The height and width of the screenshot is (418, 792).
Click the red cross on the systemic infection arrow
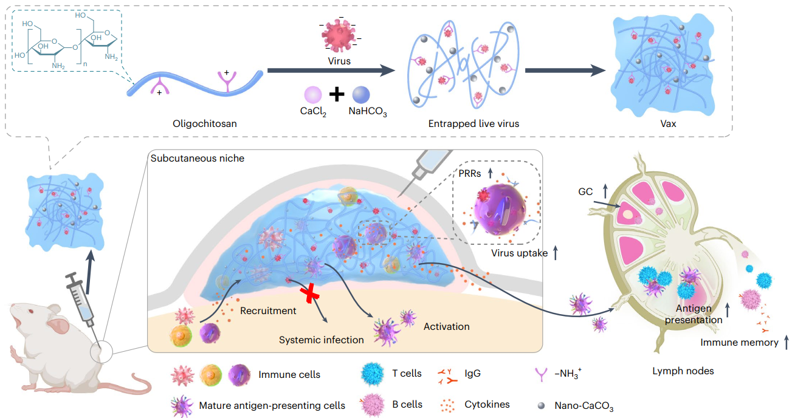(x=309, y=293)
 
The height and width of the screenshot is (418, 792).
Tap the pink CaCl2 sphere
(x=313, y=95)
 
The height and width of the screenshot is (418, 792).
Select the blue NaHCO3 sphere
(x=361, y=95)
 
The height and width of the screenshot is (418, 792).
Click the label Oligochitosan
(x=205, y=124)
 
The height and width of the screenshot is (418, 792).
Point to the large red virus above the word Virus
(x=339, y=35)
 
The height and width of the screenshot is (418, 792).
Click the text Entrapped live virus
(x=473, y=124)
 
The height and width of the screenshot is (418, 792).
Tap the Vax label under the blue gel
(x=668, y=124)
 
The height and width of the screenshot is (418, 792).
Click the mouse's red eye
(x=31, y=311)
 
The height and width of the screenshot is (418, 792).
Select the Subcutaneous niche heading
(x=198, y=159)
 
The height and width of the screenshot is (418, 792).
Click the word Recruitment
(x=268, y=310)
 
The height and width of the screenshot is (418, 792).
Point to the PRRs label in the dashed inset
(x=469, y=174)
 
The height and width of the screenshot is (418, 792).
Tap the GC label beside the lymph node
(x=585, y=191)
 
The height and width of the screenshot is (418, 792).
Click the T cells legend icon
(x=373, y=374)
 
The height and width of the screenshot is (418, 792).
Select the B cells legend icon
(x=373, y=405)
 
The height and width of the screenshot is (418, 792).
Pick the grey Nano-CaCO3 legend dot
(x=541, y=406)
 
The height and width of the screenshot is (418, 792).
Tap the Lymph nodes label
(x=683, y=371)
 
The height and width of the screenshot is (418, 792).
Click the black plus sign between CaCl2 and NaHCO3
(x=337, y=94)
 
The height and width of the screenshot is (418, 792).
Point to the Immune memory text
(x=739, y=343)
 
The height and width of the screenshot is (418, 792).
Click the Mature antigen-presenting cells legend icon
(x=182, y=406)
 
